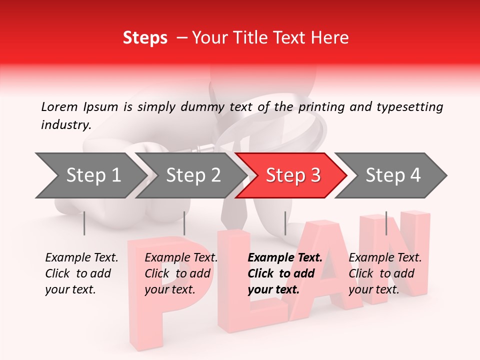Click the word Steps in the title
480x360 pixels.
(145, 38)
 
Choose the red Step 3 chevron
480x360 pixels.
(292, 175)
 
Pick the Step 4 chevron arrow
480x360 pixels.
(392, 175)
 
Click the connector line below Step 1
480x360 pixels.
(84, 223)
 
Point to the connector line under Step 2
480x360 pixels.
(184, 223)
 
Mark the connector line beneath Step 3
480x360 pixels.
(285, 223)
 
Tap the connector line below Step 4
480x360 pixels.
(386, 223)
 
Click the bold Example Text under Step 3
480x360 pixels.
(285, 273)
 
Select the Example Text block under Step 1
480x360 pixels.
(81, 273)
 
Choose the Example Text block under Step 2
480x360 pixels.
(181, 273)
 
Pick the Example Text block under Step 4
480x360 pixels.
(385, 273)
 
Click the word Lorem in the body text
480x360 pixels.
(59, 106)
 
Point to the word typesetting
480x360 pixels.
(412, 106)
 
